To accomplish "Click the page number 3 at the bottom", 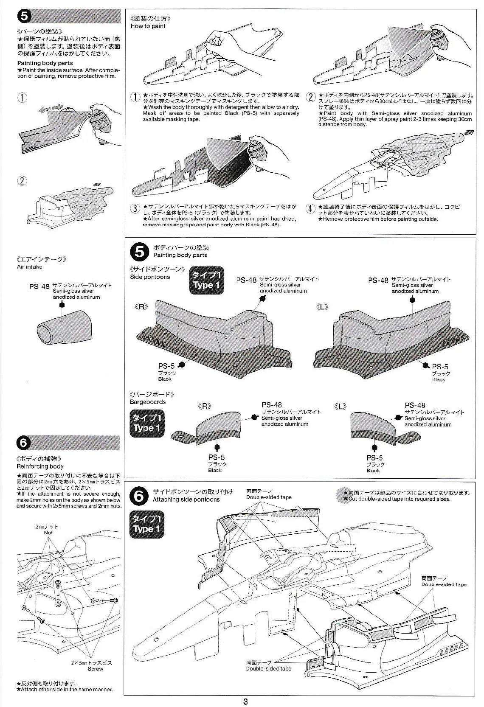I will (245, 701).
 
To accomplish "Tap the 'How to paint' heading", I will (148, 26).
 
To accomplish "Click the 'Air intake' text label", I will (30, 267).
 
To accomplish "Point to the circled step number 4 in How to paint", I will (310, 209).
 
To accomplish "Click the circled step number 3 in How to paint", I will (135, 209).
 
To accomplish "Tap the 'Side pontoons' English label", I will (150, 277).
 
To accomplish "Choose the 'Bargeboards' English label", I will (148, 401).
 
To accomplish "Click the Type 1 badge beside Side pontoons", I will (206, 280).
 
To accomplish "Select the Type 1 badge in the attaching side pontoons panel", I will (147, 524).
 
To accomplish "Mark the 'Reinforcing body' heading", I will (40, 466).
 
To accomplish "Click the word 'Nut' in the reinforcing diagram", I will (48, 533).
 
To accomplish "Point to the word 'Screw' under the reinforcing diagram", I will (96, 669).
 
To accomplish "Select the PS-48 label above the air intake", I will (39, 286).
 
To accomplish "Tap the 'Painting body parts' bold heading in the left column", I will (45, 63).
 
